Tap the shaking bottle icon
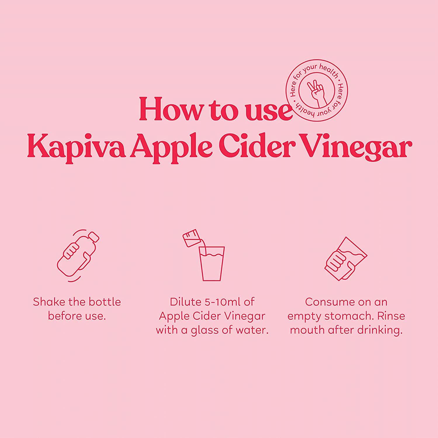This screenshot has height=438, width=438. click(77, 255)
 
